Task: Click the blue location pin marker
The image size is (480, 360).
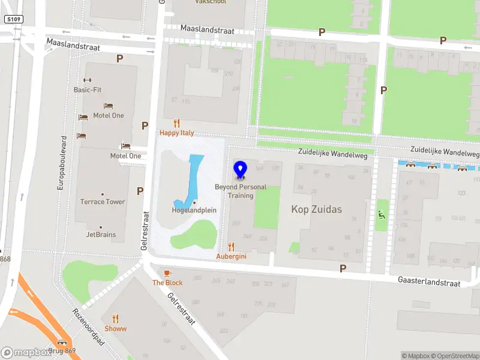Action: pyautogui.click(x=241, y=170)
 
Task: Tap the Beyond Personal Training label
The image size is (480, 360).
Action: pyautogui.click(x=241, y=191)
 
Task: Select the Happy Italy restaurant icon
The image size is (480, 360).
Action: pyautogui.click(x=176, y=123)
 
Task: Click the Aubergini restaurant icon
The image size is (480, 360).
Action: pyautogui.click(x=232, y=247)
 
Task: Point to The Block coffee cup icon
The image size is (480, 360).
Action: pyautogui.click(x=167, y=273)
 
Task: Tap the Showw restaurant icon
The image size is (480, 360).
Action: pyautogui.click(x=116, y=319)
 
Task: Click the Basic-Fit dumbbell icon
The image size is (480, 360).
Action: pyautogui.click(x=87, y=80)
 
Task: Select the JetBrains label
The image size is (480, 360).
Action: pyautogui.click(x=101, y=235)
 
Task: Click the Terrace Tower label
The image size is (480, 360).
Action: pyautogui.click(x=103, y=202)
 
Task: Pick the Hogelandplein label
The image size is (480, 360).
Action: pyautogui.click(x=194, y=210)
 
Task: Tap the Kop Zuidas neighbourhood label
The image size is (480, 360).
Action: pyautogui.click(x=316, y=209)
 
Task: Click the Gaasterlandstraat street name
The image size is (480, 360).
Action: pyautogui.click(x=429, y=281)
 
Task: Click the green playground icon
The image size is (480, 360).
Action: pyautogui.click(x=380, y=214)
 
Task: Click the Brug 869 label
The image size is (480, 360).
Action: pyautogui.click(x=62, y=350)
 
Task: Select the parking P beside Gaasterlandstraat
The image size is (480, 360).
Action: pyautogui.click(x=343, y=269)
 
